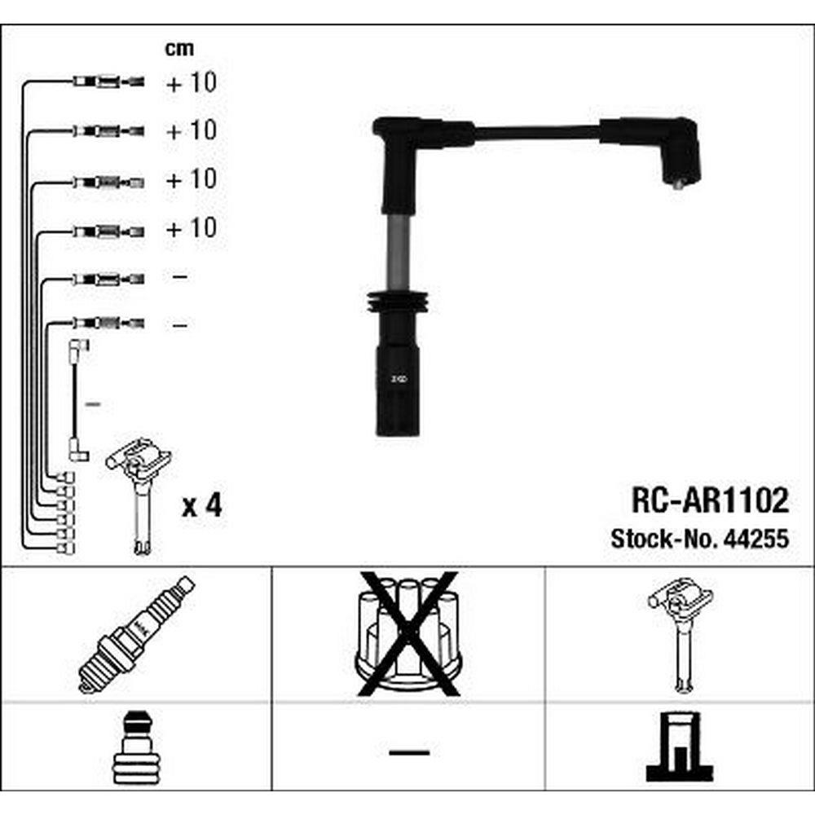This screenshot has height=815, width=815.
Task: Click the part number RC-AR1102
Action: pyautogui.click(x=710, y=500)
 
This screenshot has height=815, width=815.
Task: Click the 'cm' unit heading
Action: pyautogui.click(x=179, y=48)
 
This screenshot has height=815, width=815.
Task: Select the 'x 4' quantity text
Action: pyautogui.click(x=201, y=504)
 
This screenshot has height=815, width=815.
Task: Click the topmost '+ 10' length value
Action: pyautogui.click(x=191, y=82)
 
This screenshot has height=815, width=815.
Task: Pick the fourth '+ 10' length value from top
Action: pyautogui.click(x=191, y=227)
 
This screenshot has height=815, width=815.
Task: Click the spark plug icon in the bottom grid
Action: pyautogui.click(x=137, y=634)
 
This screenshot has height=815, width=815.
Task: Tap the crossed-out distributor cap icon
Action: pyautogui.click(x=408, y=633)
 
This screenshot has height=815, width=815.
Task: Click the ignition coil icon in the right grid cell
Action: pyautogui.click(x=681, y=635)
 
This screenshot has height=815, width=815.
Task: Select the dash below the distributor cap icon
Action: pyautogui.click(x=409, y=752)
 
